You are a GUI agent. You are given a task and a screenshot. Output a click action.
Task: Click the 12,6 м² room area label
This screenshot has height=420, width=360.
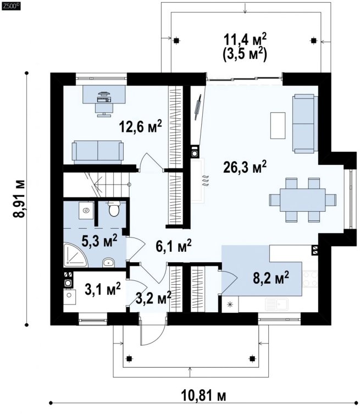140,126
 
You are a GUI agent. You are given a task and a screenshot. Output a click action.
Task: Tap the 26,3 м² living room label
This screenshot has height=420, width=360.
245,167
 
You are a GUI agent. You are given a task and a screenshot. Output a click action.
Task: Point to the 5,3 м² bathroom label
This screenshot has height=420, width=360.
99,241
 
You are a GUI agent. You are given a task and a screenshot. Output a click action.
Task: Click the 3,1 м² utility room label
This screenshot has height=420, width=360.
103,289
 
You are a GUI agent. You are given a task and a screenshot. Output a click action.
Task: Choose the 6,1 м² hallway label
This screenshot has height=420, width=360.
174,246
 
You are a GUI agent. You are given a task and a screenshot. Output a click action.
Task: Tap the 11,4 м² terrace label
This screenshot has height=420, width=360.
245,40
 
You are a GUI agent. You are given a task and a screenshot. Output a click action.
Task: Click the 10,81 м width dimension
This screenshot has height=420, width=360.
203,396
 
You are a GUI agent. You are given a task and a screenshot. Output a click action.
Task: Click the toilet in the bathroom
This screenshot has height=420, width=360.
114,209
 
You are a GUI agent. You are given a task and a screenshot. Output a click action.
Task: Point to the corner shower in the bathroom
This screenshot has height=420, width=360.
75,255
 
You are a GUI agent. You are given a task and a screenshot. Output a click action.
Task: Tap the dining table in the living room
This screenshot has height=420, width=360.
303,200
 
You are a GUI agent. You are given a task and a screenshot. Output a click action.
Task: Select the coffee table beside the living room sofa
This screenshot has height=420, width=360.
278,125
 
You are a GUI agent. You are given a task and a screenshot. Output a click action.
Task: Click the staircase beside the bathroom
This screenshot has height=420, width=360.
96,185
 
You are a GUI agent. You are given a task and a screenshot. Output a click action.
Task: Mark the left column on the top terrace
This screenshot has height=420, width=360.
176,41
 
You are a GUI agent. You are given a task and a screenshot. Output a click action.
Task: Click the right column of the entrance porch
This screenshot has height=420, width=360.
252,358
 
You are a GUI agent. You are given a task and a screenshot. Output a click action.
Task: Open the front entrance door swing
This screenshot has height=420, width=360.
152,331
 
